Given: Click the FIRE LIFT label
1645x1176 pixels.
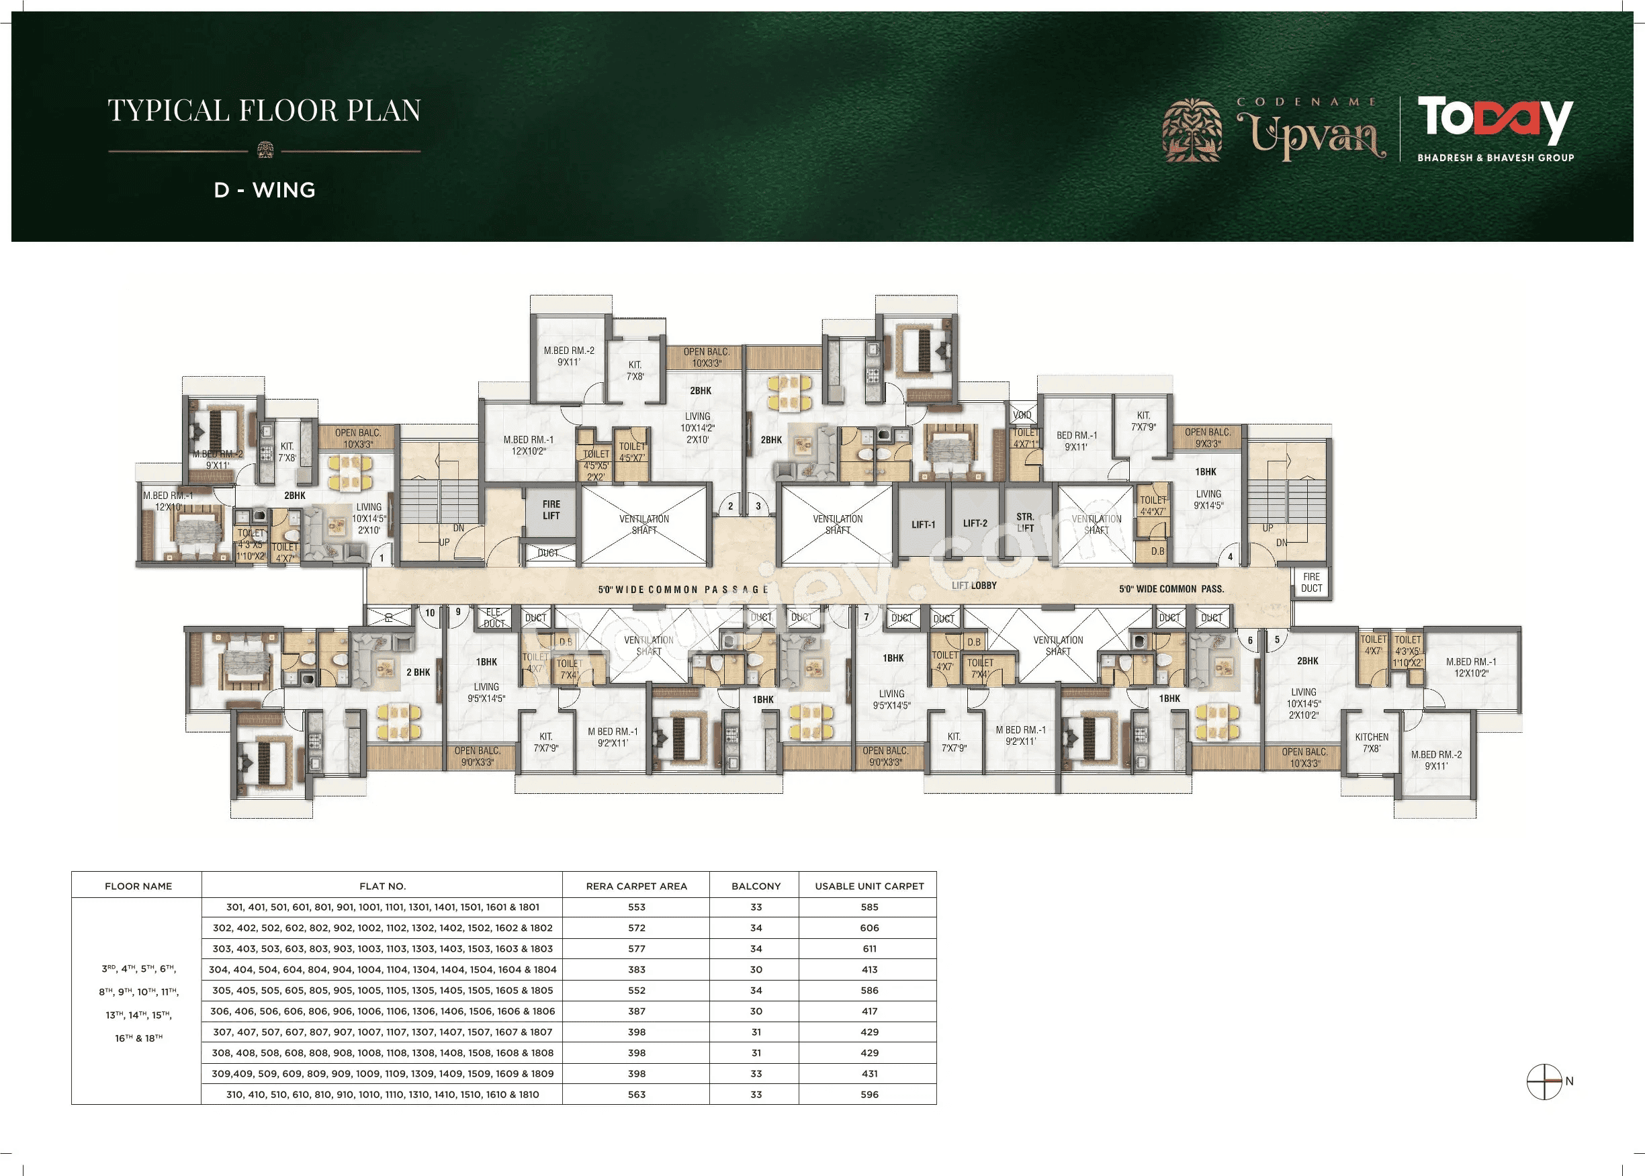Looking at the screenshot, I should (x=551, y=510).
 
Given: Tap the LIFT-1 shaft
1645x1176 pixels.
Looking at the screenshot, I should (x=923, y=525).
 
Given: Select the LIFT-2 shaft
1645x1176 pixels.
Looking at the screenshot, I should (x=975, y=523).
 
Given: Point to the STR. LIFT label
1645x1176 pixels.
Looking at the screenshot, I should (x=1025, y=522).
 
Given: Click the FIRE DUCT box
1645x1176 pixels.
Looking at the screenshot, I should (x=1311, y=582).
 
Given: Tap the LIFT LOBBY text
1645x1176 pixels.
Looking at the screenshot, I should (x=974, y=585).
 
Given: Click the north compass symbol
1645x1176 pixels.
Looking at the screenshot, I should (x=1544, y=1081).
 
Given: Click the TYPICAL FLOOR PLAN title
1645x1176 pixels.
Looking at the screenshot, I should (x=264, y=111).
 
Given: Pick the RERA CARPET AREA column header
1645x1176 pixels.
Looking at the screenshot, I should (x=636, y=886).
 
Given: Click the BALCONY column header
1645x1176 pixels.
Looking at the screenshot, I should (x=756, y=886).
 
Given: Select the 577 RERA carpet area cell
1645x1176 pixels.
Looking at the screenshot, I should (x=636, y=948).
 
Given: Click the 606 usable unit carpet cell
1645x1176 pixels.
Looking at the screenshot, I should (x=870, y=928).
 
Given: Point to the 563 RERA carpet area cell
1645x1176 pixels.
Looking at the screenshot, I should (x=636, y=1094).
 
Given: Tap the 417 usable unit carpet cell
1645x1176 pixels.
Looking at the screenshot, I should (x=870, y=1011).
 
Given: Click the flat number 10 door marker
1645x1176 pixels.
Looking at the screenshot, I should (x=430, y=613).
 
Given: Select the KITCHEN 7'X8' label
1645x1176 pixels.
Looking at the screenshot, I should (x=1372, y=742).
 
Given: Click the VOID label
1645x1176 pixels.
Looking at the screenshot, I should (x=1022, y=415).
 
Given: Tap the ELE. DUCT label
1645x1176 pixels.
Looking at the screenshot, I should (x=494, y=618).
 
